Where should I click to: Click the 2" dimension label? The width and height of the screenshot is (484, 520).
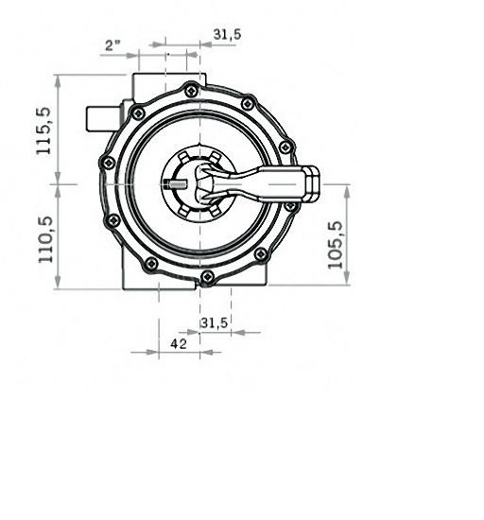click(112, 44)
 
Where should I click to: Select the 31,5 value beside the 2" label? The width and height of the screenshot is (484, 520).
click(227, 34)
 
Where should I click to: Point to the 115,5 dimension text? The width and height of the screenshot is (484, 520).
click(43, 130)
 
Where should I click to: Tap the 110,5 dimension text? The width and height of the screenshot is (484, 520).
click(45, 239)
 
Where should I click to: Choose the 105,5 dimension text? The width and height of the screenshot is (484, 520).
click(335, 245)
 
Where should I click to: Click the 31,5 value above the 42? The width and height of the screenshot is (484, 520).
click(215, 322)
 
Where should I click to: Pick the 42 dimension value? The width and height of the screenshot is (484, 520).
click(179, 344)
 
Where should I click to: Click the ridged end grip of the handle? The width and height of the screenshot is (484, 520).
click(312, 184)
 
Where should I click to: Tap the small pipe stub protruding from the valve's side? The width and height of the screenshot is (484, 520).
click(103, 118)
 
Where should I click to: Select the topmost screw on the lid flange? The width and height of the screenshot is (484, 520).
click(191, 91)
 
